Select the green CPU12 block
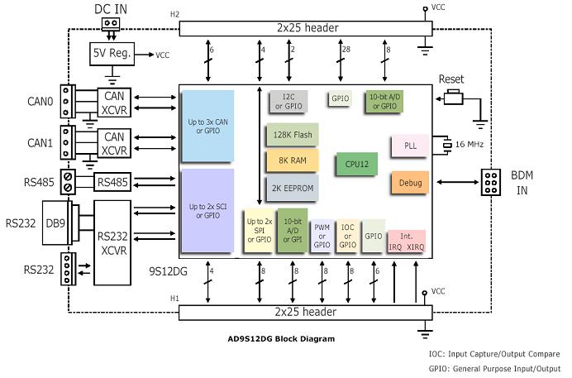pos(356,163)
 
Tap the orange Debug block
pos(409,183)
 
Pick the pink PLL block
pos(409,145)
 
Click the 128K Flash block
pos(287,134)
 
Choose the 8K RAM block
pos(287,160)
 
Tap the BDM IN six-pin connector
pos(493,182)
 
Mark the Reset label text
pos(451,79)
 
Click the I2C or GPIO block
pos(288,102)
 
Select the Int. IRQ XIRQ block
pos(405,241)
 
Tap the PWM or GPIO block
pos(322,237)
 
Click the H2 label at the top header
pos(174,14)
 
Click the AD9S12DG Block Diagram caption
pos(281,338)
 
